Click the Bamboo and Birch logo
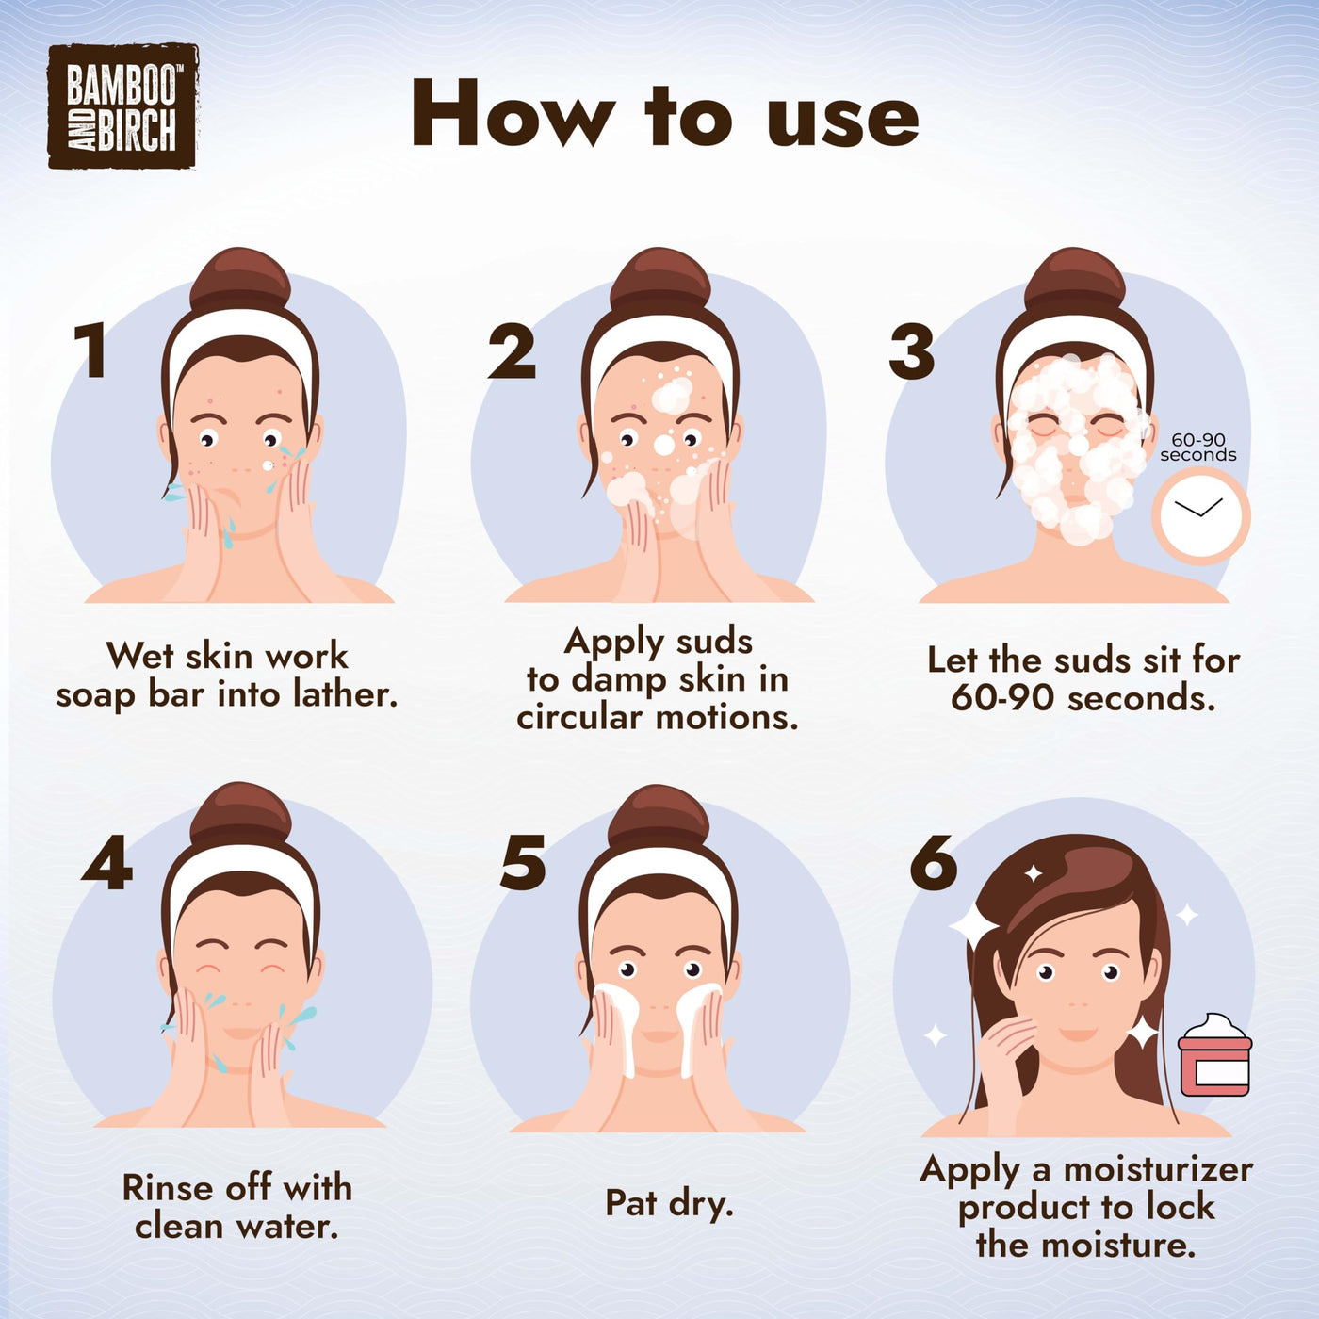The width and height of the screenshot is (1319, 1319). (122, 106)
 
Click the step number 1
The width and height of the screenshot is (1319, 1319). (91, 351)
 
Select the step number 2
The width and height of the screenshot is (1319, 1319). (512, 351)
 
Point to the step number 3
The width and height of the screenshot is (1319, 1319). (912, 351)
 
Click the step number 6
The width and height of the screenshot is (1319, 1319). (934, 862)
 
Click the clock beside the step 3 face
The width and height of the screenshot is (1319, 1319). (1200, 516)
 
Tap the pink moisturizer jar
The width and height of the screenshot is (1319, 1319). (1215, 1055)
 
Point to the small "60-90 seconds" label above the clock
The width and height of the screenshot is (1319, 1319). (1197, 447)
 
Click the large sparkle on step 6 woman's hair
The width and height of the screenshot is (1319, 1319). (972, 925)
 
